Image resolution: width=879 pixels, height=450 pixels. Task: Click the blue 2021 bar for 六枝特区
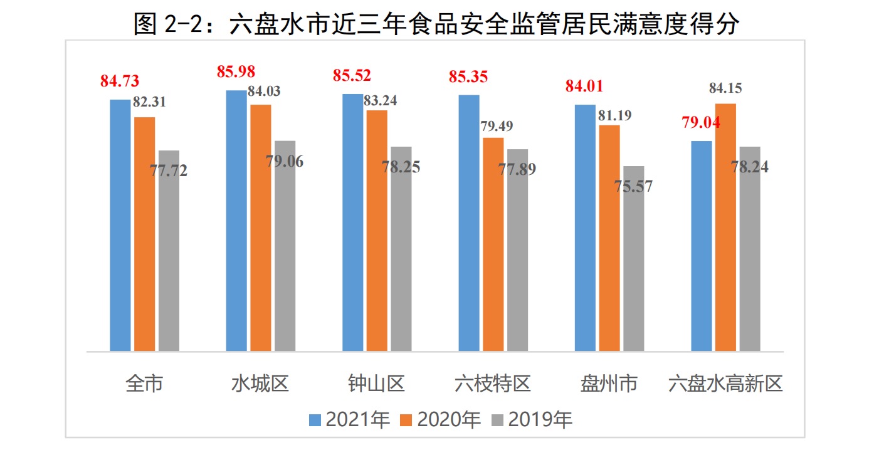click(469, 222)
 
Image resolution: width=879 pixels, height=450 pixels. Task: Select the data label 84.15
click(725, 88)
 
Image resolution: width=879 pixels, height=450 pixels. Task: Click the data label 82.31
click(149, 102)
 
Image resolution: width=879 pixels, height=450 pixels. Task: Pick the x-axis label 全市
click(144, 383)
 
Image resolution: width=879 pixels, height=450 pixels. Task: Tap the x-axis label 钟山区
click(377, 383)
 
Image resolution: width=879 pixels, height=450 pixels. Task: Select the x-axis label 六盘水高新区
click(725, 383)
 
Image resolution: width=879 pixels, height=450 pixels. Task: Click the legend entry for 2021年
click(350, 419)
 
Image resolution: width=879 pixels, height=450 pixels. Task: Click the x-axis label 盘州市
click(609, 383)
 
